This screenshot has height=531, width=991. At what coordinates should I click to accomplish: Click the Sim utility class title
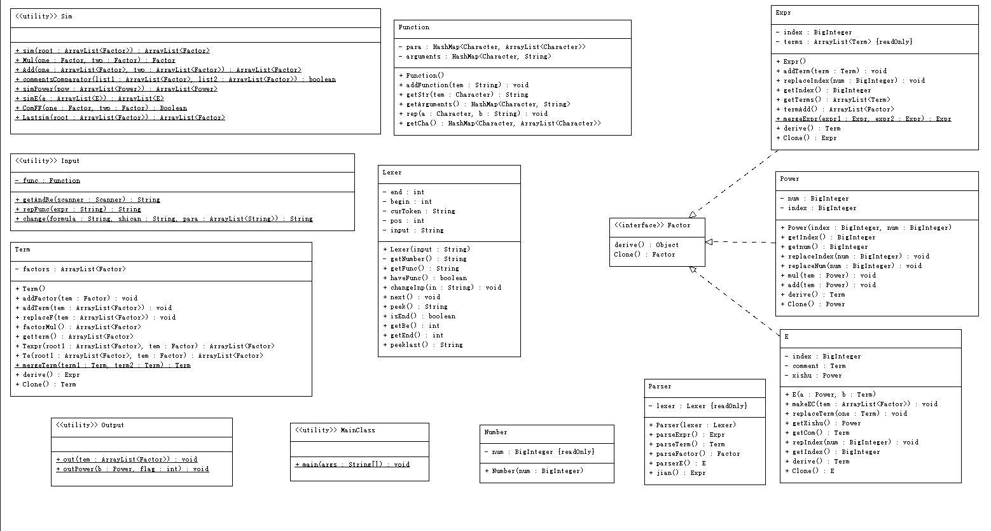coord(44,17)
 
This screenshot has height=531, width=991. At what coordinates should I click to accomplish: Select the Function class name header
coord(413,27)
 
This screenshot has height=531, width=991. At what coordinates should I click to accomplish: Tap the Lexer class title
coord(392,173)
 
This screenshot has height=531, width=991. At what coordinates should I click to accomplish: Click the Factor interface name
coord(652,225)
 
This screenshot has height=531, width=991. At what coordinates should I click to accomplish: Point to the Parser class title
coord(660,386)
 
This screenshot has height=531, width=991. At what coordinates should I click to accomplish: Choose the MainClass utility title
coord(335,430)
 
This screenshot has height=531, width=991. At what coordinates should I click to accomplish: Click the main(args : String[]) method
coord(352,464)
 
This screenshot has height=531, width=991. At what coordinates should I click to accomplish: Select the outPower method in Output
coord(132,469)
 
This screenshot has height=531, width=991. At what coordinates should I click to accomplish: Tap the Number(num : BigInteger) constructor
coord(534,471)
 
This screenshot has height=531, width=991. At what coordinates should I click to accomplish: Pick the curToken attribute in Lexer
coord(419,211)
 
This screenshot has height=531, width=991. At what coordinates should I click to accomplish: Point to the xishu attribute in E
coord(813,375)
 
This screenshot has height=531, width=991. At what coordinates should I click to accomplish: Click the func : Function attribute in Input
coord(47,180)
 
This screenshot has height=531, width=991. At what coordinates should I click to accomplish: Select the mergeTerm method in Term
coord(103,365)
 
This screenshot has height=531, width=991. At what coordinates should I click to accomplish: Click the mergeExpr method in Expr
coord(864,118)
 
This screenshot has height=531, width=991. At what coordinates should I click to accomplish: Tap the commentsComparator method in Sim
coord(175,80)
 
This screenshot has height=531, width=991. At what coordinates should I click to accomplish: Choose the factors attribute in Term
coord(71,269)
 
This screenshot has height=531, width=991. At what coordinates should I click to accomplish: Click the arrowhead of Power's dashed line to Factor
coord(709,242)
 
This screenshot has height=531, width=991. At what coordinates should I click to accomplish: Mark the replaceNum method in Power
coord(851,265)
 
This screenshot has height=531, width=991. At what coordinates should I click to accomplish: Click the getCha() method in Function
coord(500,123)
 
